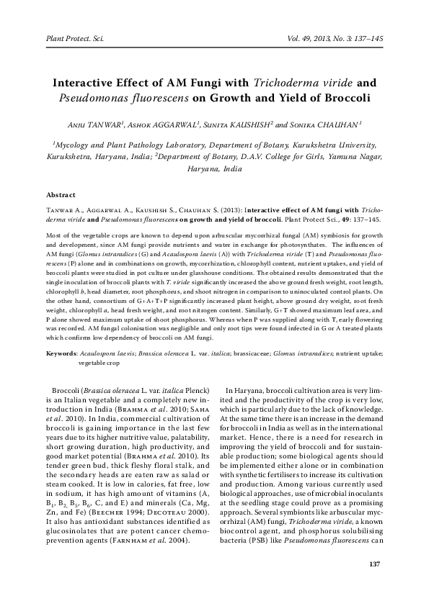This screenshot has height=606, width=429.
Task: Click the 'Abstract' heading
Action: pos(61,195)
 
